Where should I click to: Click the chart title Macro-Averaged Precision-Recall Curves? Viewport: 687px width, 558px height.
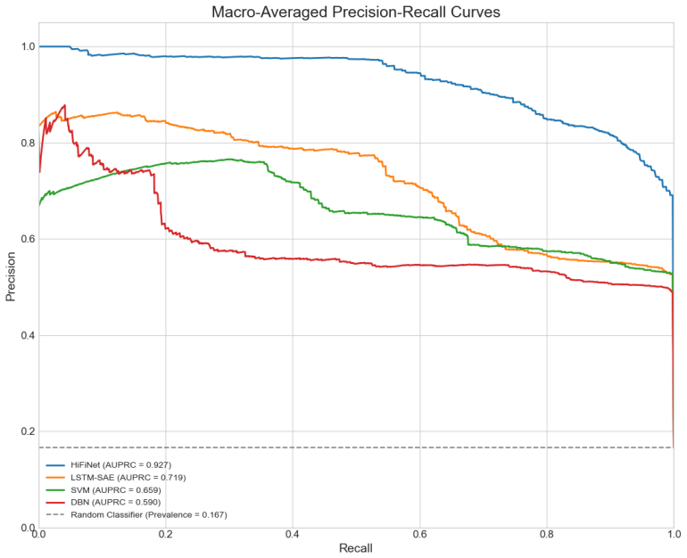[x=356, y=12]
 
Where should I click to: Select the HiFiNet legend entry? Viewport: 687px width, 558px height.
[x=108, y=464]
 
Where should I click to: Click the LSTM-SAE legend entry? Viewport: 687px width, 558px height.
[x=116, y=478]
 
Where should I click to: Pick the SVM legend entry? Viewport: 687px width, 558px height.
[x=103, y=489]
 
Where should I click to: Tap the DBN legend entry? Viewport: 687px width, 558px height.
[x=103, y=502]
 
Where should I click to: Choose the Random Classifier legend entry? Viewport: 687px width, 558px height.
[x=137, y=514]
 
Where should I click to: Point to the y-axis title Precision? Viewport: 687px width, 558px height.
[x=11, y=276]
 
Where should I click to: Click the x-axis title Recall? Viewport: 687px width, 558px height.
[x=356, y=548]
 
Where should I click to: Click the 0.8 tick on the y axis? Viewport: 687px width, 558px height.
[x=28, y=144]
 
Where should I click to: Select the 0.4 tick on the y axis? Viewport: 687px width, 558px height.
[x=28, y=336]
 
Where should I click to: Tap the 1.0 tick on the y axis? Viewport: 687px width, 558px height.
[x=28, y=46]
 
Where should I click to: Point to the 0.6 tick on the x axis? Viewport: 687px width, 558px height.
[x=419, y=534]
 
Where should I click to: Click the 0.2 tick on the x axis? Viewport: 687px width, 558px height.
[x=166, y=534]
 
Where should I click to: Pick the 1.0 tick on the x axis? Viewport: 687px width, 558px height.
[x=674, y=534]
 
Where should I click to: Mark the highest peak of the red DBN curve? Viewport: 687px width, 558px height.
[x=65, y=105]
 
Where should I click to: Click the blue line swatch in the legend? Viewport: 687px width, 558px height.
[x=54, y=464]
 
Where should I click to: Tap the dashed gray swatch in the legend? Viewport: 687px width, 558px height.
[x=54, y=514]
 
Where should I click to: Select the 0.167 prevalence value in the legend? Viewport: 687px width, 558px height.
[x=214, y=514]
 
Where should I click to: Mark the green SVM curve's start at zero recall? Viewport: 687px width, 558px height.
[x=39, y=204]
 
